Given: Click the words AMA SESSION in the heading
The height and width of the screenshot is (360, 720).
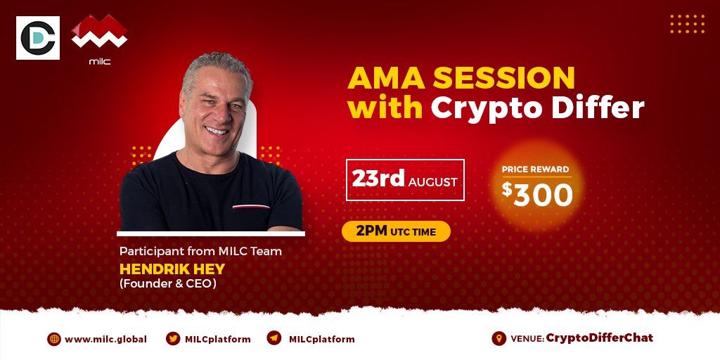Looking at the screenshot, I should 461,78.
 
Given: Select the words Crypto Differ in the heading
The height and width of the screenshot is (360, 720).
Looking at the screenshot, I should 537,108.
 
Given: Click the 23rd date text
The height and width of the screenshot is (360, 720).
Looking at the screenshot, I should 379,180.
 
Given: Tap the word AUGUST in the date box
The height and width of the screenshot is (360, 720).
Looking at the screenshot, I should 433,182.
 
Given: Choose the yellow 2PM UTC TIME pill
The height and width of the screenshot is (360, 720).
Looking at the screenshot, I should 395,232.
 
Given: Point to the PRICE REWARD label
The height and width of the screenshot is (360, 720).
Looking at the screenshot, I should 535,169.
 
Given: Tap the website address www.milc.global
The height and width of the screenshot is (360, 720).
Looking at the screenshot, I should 105,339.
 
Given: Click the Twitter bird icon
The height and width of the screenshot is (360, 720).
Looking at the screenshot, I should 172,338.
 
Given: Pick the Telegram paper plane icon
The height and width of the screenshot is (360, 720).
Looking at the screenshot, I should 274,338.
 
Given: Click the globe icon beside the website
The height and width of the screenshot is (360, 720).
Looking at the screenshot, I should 54,339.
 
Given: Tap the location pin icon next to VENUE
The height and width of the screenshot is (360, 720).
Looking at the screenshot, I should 499,338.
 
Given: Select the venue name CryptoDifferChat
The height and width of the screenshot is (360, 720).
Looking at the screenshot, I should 599,338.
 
